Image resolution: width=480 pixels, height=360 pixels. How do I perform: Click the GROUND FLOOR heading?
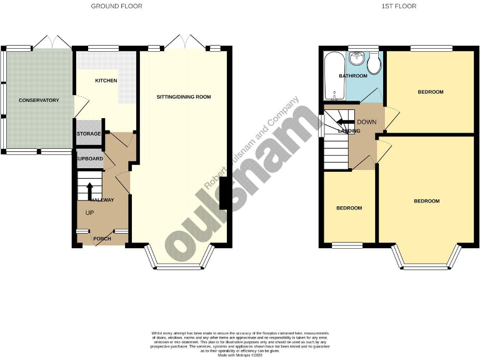tap(116, 6)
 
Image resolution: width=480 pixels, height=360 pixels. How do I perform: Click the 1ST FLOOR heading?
tap(399, 6)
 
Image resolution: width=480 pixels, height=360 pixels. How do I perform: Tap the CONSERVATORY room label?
tap(39, 101)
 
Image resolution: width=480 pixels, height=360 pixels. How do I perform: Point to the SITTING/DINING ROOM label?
tap(184, 97)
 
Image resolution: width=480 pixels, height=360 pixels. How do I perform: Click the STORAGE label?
tap(89, 134)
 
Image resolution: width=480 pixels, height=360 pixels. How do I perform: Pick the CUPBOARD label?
tap(89, 159)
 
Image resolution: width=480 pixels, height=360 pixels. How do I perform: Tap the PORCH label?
tap(102, 239)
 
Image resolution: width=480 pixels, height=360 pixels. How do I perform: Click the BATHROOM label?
tap(353, 76)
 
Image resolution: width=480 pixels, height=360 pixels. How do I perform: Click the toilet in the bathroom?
tap(374, 63)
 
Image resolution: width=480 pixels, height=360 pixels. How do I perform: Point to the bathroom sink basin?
tap(356, 59)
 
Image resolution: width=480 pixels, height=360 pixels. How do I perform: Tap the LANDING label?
tap(349, 131)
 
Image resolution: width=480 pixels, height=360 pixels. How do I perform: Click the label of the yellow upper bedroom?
tap(430, 92)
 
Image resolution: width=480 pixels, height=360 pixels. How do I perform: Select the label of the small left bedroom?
tap(349, 208)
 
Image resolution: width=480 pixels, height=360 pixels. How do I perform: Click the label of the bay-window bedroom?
tap(426, 201)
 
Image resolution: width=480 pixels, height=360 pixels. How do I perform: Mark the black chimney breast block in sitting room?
tap(224, 196)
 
